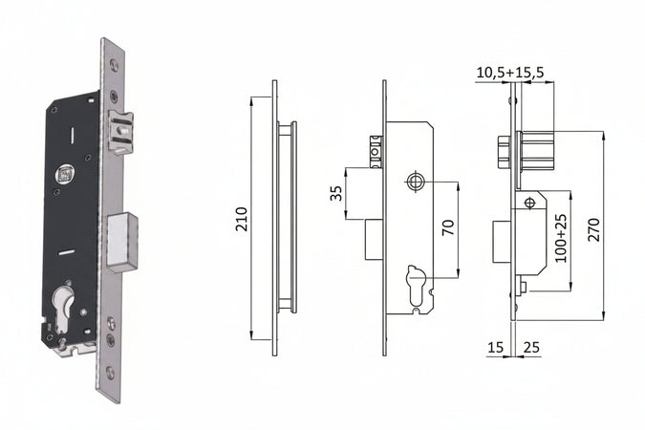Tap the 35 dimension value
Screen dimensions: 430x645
(335, 193)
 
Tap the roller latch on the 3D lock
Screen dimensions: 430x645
(120, 131)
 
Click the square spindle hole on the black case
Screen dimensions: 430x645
(65, 174)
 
